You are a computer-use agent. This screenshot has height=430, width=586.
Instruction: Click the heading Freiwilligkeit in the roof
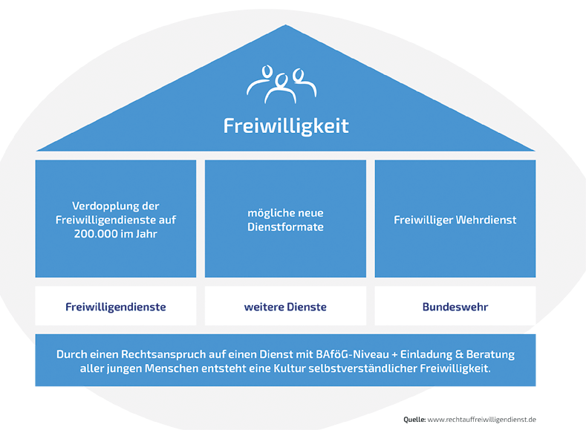pos(286,126)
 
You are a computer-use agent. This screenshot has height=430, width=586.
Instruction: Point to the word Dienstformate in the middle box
pos(286,227)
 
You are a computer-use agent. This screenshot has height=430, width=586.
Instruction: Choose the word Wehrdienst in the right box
pos(486,220)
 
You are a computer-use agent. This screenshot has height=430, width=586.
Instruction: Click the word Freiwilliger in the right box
pos(424,220)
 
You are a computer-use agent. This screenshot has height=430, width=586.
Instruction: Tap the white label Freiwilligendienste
pos(116,306)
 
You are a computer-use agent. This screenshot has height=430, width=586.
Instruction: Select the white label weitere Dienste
pos(286,306)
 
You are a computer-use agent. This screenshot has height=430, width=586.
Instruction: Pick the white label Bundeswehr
pos(455,306)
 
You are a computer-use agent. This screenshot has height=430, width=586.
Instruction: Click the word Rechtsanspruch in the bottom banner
pos(162,354)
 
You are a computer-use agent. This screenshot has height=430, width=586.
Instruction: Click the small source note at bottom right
pos(469,420)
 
